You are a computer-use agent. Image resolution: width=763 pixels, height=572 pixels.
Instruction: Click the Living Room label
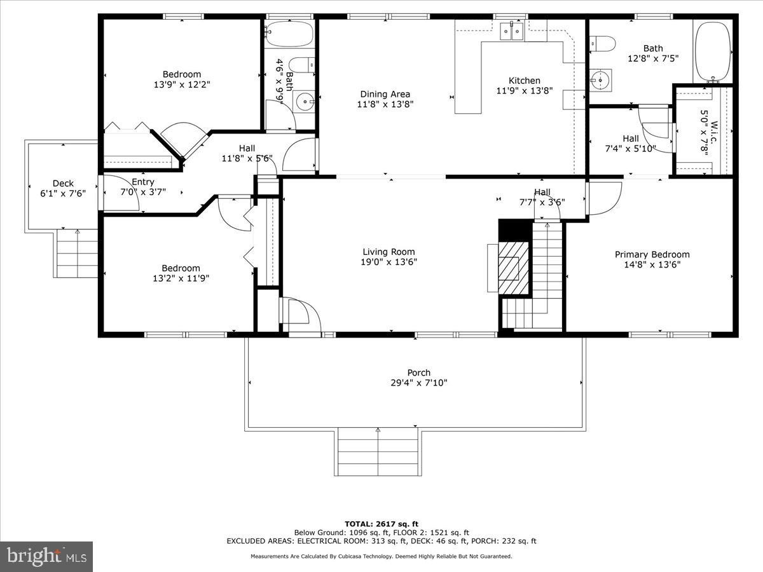[x=388, y=251]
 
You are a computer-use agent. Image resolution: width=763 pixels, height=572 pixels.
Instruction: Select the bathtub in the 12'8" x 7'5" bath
[x=713, y=52]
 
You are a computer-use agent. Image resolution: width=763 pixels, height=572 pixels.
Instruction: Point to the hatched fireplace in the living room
[x=512, y=268]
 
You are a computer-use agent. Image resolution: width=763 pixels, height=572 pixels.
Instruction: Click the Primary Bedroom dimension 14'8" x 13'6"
[x=652, y=265]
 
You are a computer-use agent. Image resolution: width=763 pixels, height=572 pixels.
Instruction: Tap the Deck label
[x=62, y=184]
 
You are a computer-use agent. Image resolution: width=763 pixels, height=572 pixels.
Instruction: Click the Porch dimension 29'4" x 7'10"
[x=418, y=383]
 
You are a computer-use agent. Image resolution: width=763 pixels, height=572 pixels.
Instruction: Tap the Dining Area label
[x=385, y=94]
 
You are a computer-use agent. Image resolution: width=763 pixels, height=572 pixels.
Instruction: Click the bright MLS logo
[x=46, y=556]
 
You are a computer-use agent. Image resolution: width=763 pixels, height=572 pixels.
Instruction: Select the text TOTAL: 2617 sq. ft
[x=381, y=524]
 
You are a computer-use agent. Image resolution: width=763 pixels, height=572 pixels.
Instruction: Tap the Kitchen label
[x=524, y=80]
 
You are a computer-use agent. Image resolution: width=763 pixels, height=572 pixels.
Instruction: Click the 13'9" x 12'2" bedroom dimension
[x=181, y=85]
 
